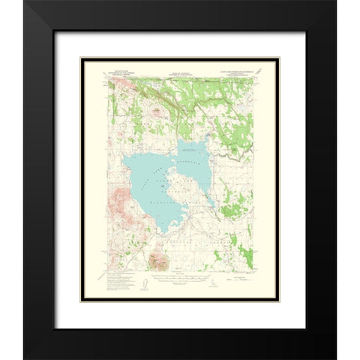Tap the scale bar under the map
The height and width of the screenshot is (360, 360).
point(180,287)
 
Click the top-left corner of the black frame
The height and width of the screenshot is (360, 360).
point(25,2)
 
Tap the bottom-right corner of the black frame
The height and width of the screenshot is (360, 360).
point(335,358)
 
